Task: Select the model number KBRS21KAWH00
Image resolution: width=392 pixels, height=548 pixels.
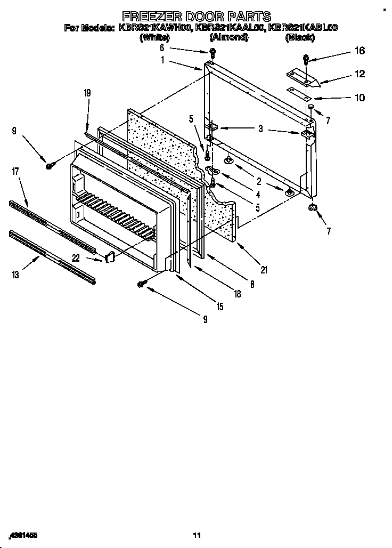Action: point(154,28)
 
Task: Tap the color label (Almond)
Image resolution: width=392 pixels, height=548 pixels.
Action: point(228,37)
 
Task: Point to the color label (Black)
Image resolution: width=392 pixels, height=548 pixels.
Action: point(300,37)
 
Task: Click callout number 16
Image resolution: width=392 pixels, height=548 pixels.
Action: point(360,51)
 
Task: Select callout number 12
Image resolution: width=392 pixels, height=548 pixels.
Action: point(360,74)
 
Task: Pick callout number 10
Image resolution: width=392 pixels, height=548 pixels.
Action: point(360,98)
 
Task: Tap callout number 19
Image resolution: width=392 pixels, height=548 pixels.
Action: point(87,93)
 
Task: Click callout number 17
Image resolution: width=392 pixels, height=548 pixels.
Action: point(15,172)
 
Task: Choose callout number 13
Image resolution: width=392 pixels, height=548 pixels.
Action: point(15,275)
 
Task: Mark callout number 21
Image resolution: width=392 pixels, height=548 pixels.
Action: point(264,270)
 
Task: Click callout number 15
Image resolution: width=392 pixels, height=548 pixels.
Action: point(220,307)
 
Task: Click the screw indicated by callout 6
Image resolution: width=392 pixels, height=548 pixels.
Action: point(212,52)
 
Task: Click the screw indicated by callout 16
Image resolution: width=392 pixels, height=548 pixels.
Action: point(306,59)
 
